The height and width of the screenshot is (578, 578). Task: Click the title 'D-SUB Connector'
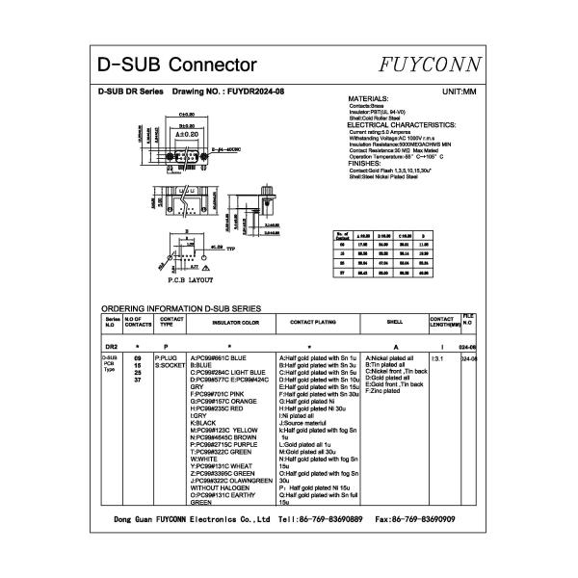pyautogui.click(x=177, y=66)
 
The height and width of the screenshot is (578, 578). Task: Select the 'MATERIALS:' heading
pyautogui.click(x=367, y=99)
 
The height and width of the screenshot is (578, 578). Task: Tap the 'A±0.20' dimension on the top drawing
pyautogui.click(x=187, y=133)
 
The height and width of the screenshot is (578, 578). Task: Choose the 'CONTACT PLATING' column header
pyautogui.click(x=313, y=322)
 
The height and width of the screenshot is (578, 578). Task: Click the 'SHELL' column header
pyautogui.click(x=394, y=322)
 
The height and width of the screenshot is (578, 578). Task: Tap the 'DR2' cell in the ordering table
pyautogui.click(x=111, y=345)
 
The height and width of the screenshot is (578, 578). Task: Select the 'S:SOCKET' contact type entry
pyautogui.click(x=170, y=366)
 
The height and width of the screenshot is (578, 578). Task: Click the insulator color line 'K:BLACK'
pyautogui.click(x=204, y=422)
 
